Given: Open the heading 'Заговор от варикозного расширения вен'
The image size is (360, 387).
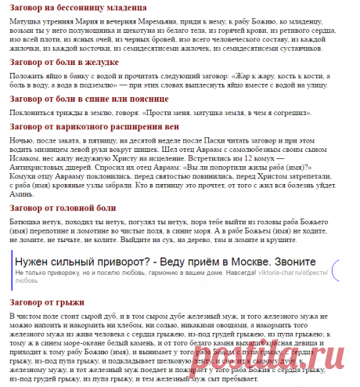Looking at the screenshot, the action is coord(93,125).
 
